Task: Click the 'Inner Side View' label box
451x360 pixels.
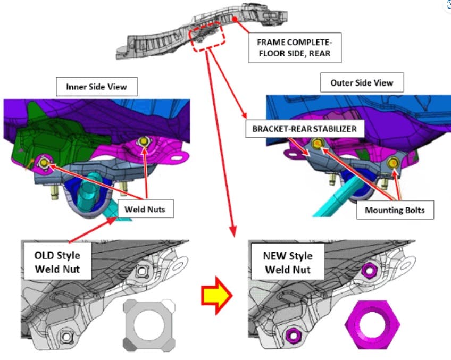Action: point(97,87)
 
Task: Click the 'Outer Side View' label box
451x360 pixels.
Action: point(362,82)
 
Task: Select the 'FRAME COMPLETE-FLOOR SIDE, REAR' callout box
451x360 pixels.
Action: point(295,48)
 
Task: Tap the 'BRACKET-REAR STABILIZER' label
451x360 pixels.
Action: point(305,129)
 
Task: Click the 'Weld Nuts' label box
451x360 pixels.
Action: point(145,209)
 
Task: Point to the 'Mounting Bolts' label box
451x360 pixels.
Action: point(395,210)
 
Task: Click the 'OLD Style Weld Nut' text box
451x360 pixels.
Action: point(57,262)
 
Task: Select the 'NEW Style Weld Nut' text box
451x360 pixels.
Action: point(288,262)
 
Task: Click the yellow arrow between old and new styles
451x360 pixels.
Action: point(216,295)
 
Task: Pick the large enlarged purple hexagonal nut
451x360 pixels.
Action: point(372,325)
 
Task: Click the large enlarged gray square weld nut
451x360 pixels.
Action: point(149,325)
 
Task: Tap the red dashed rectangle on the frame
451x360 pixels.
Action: point(207,37)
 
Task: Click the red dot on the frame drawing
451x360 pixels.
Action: point(235,19)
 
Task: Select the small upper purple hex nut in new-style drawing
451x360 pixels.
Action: point(370,270)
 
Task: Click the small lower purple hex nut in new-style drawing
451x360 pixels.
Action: point(294,335)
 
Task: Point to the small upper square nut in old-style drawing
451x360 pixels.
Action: point(142,271)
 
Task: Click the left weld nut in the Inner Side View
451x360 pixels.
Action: point(44,163)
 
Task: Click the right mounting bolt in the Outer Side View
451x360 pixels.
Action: point(393,163)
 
